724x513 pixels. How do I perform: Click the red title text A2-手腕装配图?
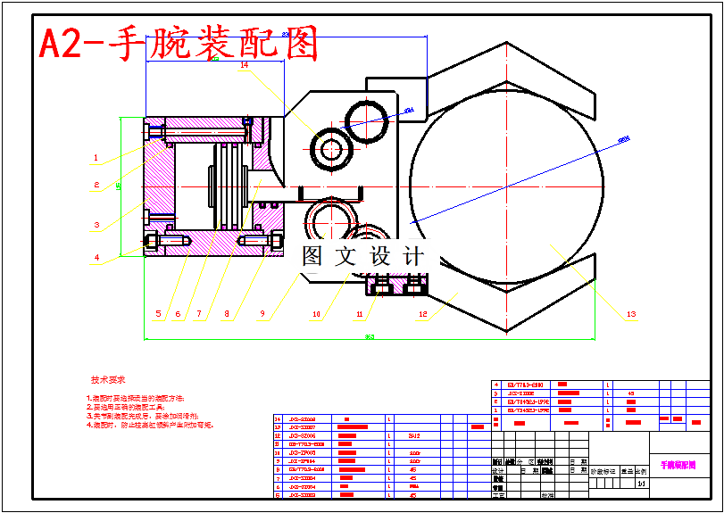point(179,43)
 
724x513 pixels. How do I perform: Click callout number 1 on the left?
point(96,158)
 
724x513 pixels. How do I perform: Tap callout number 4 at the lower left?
point(96,258)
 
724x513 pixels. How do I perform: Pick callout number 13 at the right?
point(630,314)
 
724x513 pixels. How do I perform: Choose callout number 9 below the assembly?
point(263,314)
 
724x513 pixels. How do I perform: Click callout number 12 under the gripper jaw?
point(423,314)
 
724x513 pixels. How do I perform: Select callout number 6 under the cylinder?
point(178,314)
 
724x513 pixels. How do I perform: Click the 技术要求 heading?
point(108,379)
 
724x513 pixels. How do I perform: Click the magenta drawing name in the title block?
point(678,465)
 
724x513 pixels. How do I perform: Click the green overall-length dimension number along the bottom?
point(368,336)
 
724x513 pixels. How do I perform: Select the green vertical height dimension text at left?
point(119,186)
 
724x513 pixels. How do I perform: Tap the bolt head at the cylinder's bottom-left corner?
point(152,241)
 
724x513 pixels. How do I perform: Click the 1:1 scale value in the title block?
point(641,484)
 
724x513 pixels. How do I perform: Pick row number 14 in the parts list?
point(278,418)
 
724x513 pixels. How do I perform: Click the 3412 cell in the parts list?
point(413,435)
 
